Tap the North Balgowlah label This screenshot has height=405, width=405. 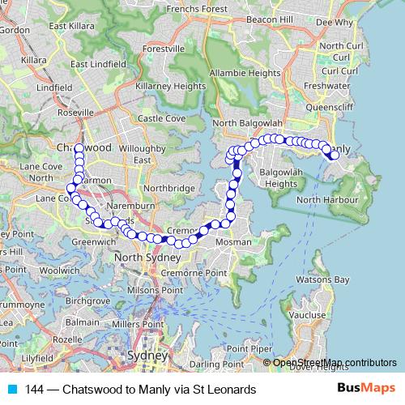(246, 123)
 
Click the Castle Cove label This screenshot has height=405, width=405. (161, 118)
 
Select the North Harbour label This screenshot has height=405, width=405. (327, 199)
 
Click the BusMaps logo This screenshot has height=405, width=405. (365, 390)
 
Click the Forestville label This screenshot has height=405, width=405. (164, 49)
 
